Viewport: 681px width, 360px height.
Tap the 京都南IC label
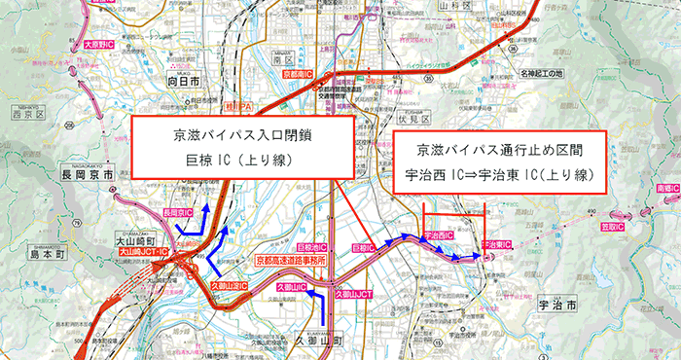click(297, 74)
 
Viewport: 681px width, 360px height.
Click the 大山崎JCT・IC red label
click(144, 251)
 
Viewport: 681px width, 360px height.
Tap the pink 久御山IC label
click(291, 288)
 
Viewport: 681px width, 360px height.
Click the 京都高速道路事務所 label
click(291, 261)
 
